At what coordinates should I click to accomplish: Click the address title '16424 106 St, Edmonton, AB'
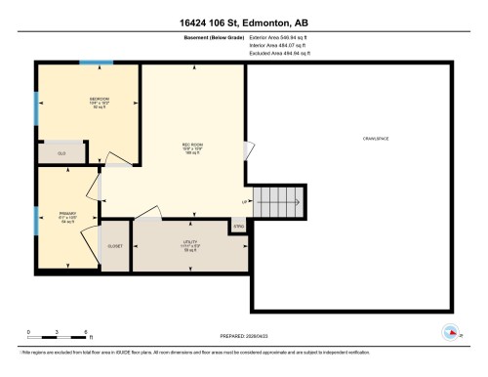pyautogui.click(x=243, y=21)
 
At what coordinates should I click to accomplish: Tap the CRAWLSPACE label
pyautogui.click(x=375, y=140)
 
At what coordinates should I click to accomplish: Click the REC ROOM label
pyautogui.click(x=191, y=147)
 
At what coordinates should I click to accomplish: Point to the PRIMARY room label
pyautogui.click(x=65, y=213)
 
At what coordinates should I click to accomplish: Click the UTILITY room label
pyautogui.click(x=190, y=244)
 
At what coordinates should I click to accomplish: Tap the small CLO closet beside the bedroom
pyautogui.click(x=61, y=152)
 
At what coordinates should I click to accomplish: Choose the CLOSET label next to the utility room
pyautogui.click(x=115, y=246)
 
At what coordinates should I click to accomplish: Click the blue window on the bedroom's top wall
pyautogui.click(x=96, y=63)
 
